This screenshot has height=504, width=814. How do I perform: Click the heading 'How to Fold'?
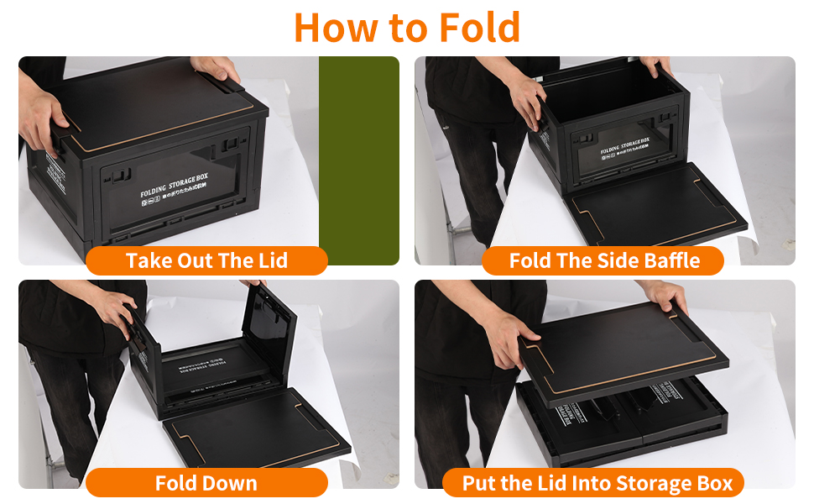407,27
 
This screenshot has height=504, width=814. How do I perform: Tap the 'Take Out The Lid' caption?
206,260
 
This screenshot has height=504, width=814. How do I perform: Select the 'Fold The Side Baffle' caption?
603,260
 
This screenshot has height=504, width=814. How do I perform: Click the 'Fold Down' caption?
206,483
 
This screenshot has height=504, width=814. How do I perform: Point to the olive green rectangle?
358,160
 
